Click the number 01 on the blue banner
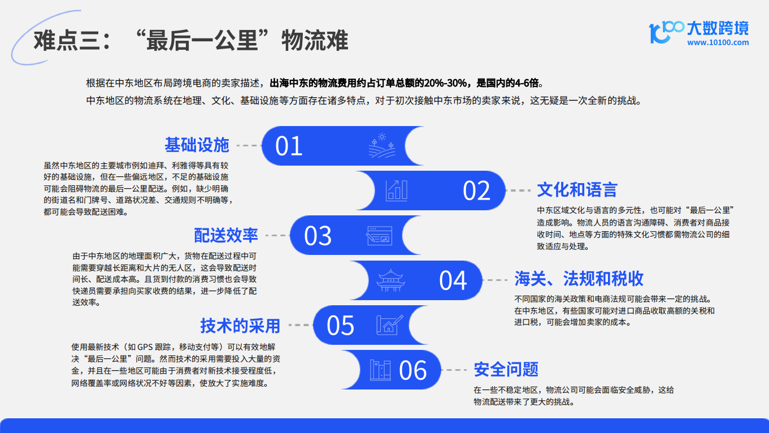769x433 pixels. (289, 146)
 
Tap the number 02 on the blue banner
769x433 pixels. (476, 190)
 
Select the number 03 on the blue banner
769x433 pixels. (318, 236)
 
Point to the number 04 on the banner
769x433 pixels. (453, 280)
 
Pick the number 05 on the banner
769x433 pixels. (340, 326)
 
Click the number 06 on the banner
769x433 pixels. (412, 370)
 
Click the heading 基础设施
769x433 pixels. (197, 145)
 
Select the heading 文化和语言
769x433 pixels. (577, 190)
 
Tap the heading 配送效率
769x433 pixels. (226, 235)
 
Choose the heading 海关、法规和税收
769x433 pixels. (579, 279)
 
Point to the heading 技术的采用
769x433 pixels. (240, 326)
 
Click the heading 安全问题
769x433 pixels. (506, 370)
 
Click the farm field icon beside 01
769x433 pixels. (382, 146)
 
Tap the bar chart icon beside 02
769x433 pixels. (397, 190)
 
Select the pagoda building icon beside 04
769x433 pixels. (390, 280)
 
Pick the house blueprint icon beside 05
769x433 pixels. (390, 325)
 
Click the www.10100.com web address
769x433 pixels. (718, 42)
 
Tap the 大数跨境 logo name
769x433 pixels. (718, 28)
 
